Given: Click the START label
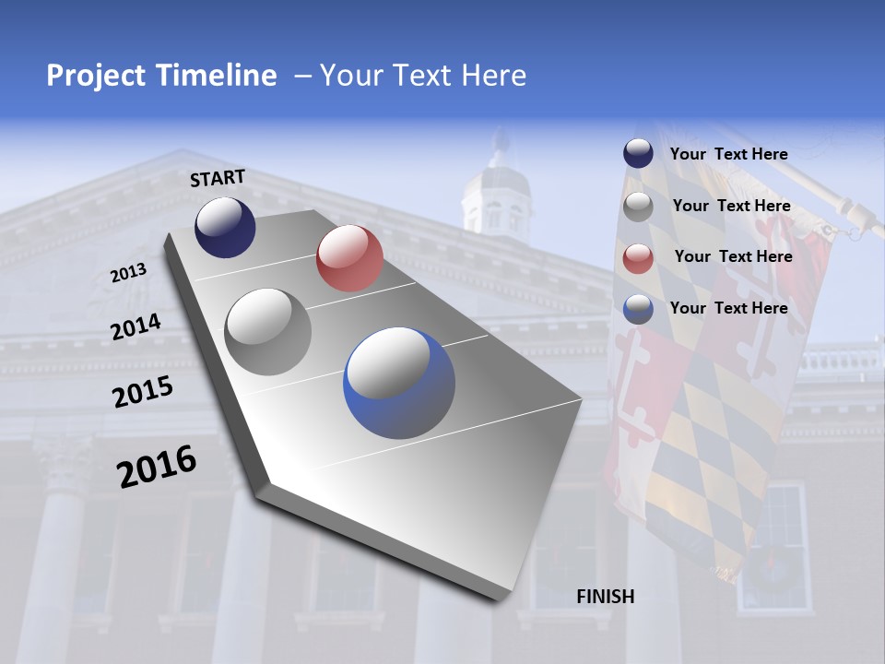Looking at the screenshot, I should (x=218, y=178).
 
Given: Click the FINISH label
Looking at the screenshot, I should (x=605, y=597).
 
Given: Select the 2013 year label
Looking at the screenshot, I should (x=128, y=273).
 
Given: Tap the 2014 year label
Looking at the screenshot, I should (x=136, y=326).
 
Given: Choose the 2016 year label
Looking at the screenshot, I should (x=157, y=466).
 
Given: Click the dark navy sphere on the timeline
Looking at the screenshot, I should (x=225, y=227).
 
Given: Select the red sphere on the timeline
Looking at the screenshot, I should (x=349, y=258).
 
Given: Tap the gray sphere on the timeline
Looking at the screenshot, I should (x=268, y=331).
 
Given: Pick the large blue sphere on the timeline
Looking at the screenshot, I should (x=399, y=383).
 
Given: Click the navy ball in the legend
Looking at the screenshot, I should (x=638, y=154).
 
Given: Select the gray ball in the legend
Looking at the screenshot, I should (x=638, y=207).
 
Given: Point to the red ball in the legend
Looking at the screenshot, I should (x=638, y=258).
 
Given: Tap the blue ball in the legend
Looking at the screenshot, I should (x=638, y=309).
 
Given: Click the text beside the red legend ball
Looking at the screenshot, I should (x=733, y=256).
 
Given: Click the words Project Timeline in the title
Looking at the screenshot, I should (x=161, y=76).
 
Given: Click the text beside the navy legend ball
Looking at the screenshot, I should (x=728, y=154).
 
